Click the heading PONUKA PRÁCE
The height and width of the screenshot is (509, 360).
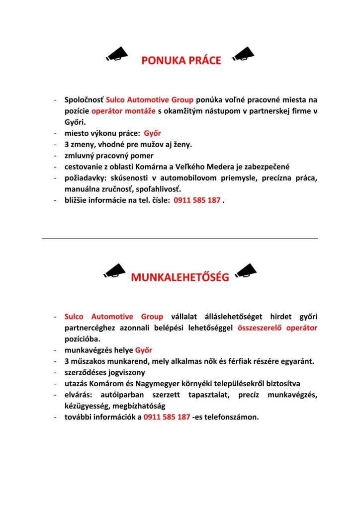click(181, 61)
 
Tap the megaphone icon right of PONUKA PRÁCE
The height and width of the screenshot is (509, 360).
click(243, 53)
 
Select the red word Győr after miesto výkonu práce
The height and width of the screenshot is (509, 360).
click(152, 133)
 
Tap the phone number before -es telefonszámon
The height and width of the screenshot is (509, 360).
click(167, 417)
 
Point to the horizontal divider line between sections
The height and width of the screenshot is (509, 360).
click(180, 239)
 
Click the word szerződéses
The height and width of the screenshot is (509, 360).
click(86, 372)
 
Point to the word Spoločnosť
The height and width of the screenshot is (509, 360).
click(84, 99)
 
